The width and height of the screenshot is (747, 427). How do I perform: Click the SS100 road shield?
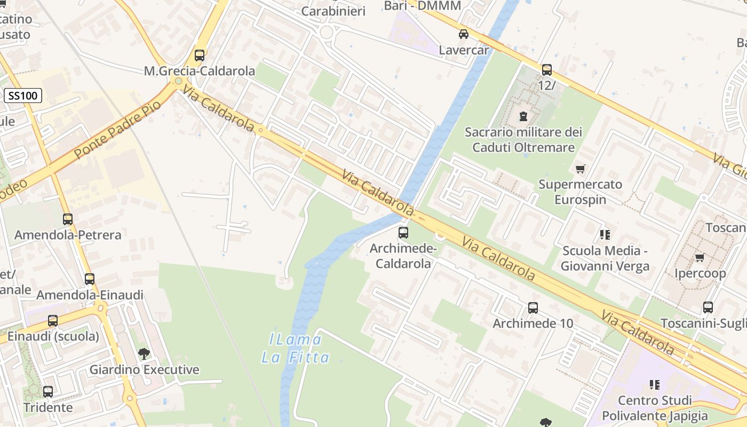23,96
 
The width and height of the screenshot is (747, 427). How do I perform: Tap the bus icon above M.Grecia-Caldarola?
200,56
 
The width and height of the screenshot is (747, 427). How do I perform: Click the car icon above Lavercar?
464,34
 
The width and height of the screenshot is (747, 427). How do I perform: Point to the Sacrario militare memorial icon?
523,115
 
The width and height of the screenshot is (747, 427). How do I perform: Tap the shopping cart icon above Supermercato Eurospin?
581,169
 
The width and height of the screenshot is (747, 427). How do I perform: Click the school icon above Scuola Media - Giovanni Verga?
605,234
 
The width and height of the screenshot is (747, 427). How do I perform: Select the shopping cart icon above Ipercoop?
700,258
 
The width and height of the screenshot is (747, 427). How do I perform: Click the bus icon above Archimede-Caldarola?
403,233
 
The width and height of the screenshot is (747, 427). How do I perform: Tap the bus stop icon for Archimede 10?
533,308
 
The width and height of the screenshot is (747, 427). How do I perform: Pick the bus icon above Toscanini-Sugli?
708,307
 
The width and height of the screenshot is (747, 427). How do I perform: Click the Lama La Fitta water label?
295,348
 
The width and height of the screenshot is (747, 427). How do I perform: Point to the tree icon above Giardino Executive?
144,353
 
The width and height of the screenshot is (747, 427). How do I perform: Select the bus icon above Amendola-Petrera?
68,219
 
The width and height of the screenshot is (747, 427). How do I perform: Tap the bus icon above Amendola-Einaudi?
90,279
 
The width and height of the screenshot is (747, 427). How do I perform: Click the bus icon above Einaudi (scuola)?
53,321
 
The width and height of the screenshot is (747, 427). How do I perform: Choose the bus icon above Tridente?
48,392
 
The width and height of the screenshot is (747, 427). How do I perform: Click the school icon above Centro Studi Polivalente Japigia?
655,384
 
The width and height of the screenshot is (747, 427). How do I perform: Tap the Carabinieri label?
333,11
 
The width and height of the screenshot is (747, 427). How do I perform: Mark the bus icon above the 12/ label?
547,70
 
